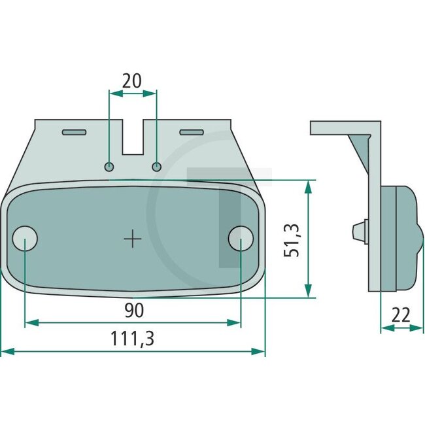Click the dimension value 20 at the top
(132, 80)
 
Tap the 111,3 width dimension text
(133, 339)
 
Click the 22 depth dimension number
(401, 315)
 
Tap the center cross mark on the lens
(133, 239)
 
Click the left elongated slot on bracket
(73, 133)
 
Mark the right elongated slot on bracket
(192, 133)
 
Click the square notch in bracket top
(133, 137)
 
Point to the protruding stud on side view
(358, 231)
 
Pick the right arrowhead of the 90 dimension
(237, 322)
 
